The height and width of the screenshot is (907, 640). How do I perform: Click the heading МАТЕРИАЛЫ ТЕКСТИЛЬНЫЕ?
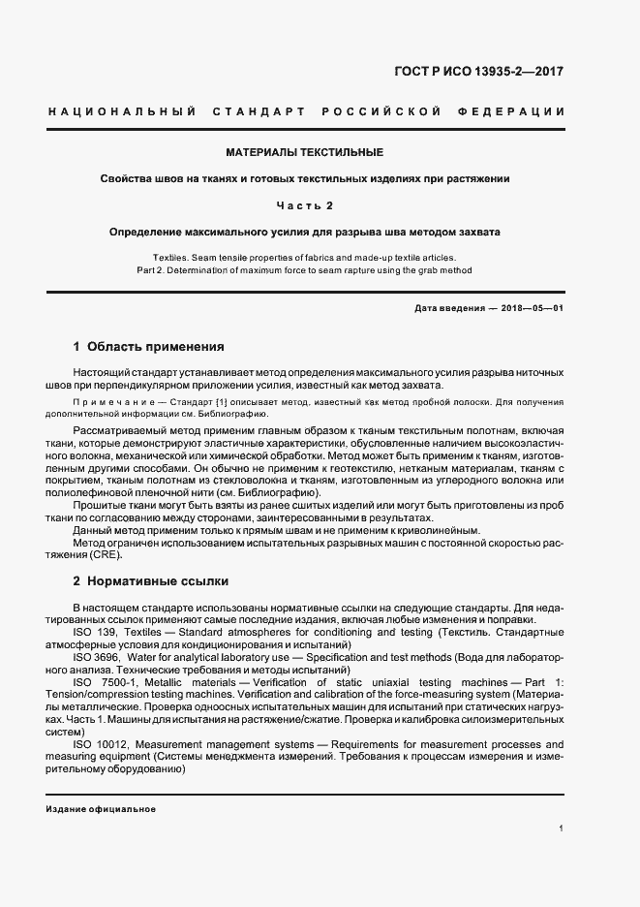coord(304,153)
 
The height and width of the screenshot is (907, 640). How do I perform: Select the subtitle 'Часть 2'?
coord(304,205)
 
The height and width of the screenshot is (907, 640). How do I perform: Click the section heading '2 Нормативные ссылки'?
coord(151,581)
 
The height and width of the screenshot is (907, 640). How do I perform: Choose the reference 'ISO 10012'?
coord(98,744)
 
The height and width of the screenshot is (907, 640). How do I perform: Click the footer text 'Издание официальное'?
coord(101,808)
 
